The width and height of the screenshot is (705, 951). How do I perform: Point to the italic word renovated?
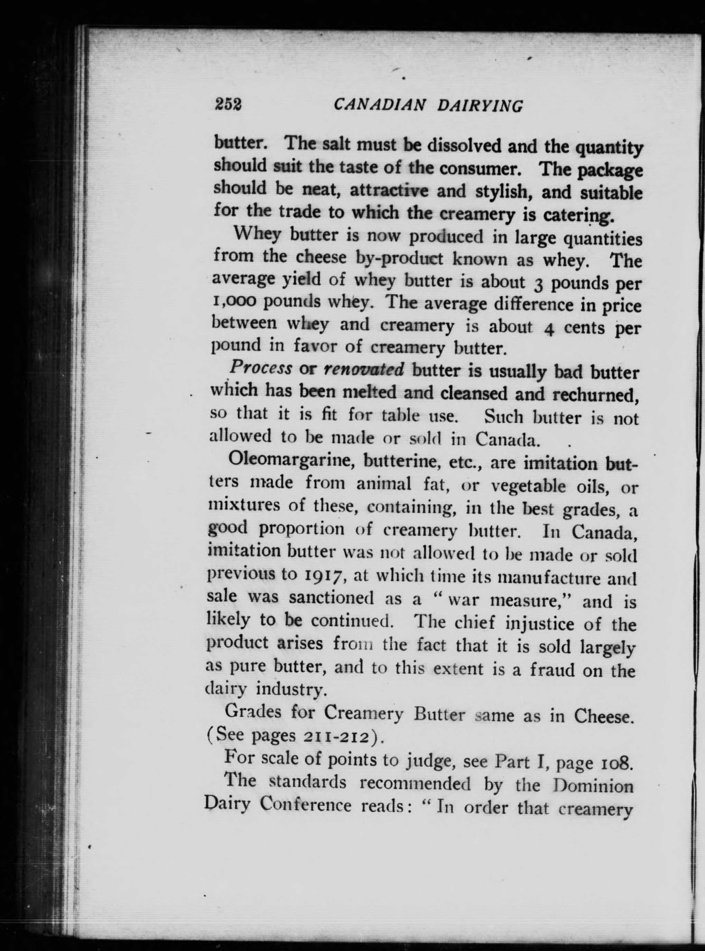364,369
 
